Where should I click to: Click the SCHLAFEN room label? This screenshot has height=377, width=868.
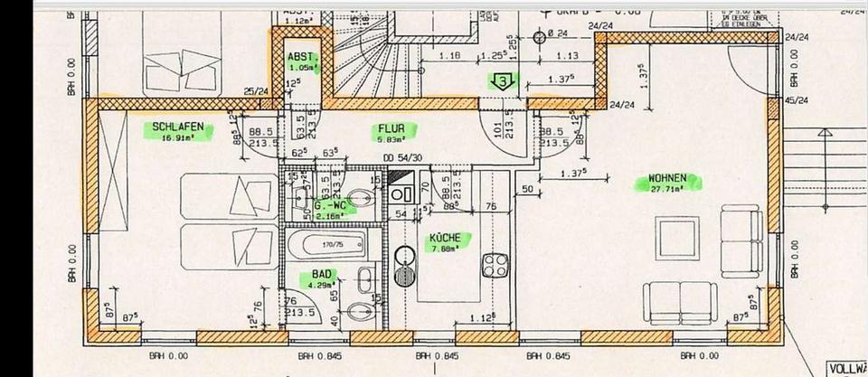point(177,127)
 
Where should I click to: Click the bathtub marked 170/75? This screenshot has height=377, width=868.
point(321,244)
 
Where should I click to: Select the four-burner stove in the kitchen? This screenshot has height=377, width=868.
point(494,265)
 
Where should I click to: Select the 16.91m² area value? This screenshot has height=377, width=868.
point(177,138)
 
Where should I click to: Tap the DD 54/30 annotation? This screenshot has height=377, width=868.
point(402,159)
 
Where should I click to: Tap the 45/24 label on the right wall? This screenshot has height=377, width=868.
point(795,99)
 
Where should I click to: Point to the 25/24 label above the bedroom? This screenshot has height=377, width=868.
point(257,91)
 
